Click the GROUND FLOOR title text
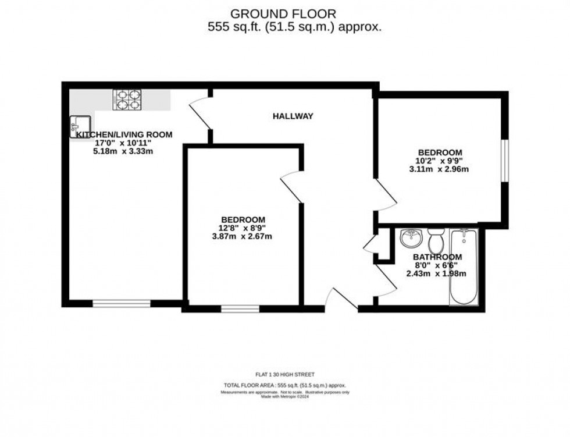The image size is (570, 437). click(283, 13)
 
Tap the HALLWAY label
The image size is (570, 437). click(293, 116)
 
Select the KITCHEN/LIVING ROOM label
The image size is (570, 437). click(124, 134)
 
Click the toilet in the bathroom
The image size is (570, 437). click(436, 239)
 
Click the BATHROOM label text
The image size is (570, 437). click(437, 257)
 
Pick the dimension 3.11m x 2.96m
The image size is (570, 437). click(439, 170)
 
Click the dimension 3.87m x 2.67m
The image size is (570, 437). click(243, 237)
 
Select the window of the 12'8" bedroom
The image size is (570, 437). click(240, 308)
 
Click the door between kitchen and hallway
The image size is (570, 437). click(201, 114)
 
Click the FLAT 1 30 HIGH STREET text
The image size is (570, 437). click(284, 375)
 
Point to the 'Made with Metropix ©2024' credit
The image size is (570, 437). click(284, 397)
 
